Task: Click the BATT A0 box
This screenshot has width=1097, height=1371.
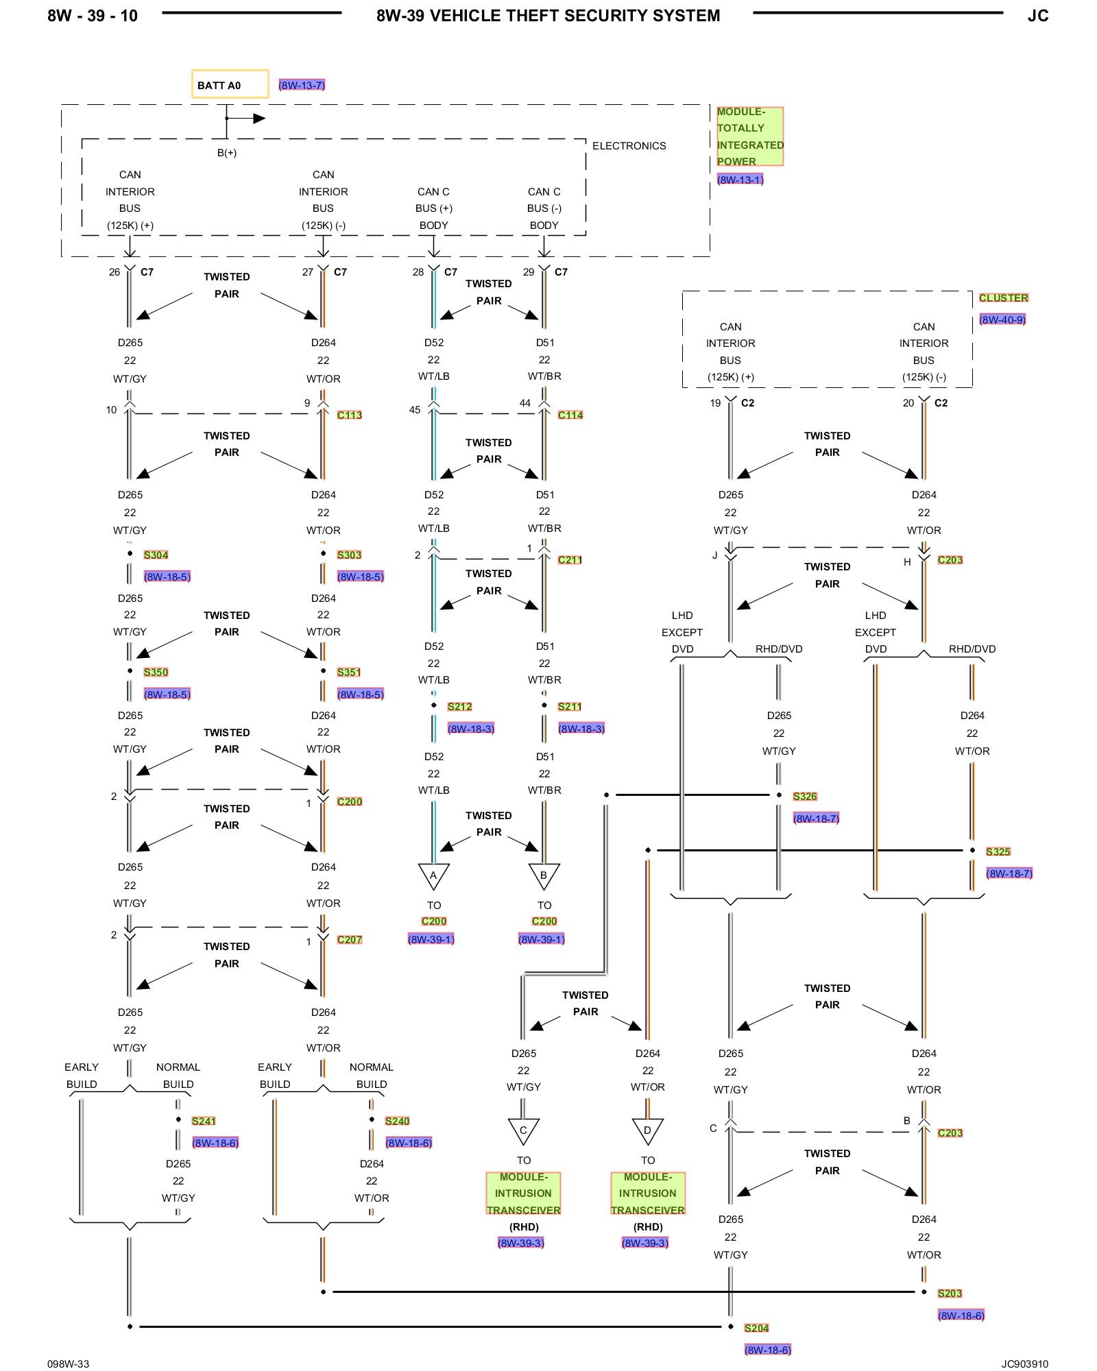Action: [x=230, y=84]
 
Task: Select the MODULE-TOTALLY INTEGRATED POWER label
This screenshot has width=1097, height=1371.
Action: [x=749, y=136]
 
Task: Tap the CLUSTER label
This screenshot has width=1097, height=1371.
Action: [x=1003, y=298]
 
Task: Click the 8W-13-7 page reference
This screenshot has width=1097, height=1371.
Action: [x=302, y=85]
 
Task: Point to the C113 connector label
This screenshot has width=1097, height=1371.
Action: [x=349, y=415]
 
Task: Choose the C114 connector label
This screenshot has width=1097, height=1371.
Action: [x=570, y=415]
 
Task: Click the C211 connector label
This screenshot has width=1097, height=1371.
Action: [x=569, y=559]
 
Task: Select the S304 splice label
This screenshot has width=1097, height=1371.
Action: [x=156, y=555]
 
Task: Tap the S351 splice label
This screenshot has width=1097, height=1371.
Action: [x=348, y=672]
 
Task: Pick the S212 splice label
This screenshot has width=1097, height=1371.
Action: [x=459, y=706]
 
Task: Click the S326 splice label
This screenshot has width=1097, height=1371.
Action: [x=804, y=796]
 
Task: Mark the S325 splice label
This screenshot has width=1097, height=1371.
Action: [x=998, y=851]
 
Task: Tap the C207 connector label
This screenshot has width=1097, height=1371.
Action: [x=349, y=939]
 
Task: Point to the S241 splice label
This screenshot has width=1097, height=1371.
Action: [x=204, y=1121]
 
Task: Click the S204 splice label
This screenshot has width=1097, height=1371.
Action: [x=756, y=1328]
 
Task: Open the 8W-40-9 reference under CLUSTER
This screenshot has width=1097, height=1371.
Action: [x=1002, y=319]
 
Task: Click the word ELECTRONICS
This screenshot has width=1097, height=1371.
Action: [x=629, y=146]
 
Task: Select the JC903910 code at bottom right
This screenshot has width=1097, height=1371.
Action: [x=1024, y=1363]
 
